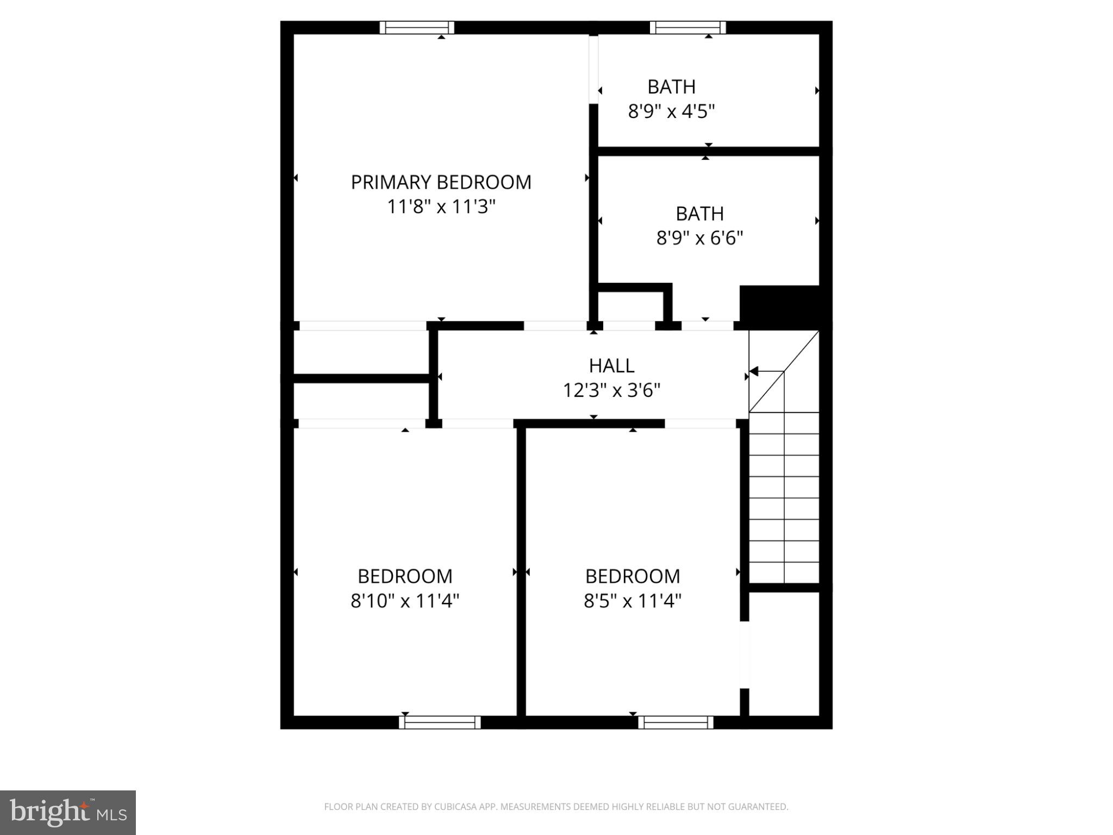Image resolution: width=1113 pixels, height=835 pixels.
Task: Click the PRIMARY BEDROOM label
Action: (x=441, y=182)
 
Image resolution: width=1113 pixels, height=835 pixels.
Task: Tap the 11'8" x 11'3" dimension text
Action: (x=441, y=207)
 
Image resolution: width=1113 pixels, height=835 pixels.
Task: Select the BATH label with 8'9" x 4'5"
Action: (x=671, y=87)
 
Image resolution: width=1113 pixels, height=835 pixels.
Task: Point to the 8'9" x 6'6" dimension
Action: (x=699, y=239)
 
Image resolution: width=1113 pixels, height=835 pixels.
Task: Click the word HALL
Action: (x=611, y=366)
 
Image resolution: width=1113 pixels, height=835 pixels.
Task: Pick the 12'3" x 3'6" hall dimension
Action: (x=611, y=390)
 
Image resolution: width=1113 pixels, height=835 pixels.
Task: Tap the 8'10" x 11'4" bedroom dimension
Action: (x=405, y=601)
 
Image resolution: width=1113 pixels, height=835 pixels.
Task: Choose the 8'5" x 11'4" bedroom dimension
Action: (x=633, y=601)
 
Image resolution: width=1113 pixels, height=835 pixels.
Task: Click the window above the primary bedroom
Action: (x=417, y=28)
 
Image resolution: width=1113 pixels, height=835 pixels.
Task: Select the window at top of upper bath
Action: (x=687, y=28)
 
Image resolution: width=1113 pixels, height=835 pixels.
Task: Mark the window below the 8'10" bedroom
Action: (x=440, y=722)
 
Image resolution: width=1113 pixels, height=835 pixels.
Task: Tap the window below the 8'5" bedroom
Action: (x=676, y=722)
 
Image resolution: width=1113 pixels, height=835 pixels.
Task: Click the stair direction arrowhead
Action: (x=754, y=372)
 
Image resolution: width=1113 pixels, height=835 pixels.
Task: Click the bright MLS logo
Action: (x=68, y=813)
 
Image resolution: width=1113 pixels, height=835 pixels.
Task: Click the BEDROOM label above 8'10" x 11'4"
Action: (x=405, y=576)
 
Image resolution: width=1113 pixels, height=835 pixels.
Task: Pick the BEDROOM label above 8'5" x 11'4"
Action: (x=633, y=576)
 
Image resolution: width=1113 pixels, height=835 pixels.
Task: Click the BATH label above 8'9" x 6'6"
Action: (x=699, y=214)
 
